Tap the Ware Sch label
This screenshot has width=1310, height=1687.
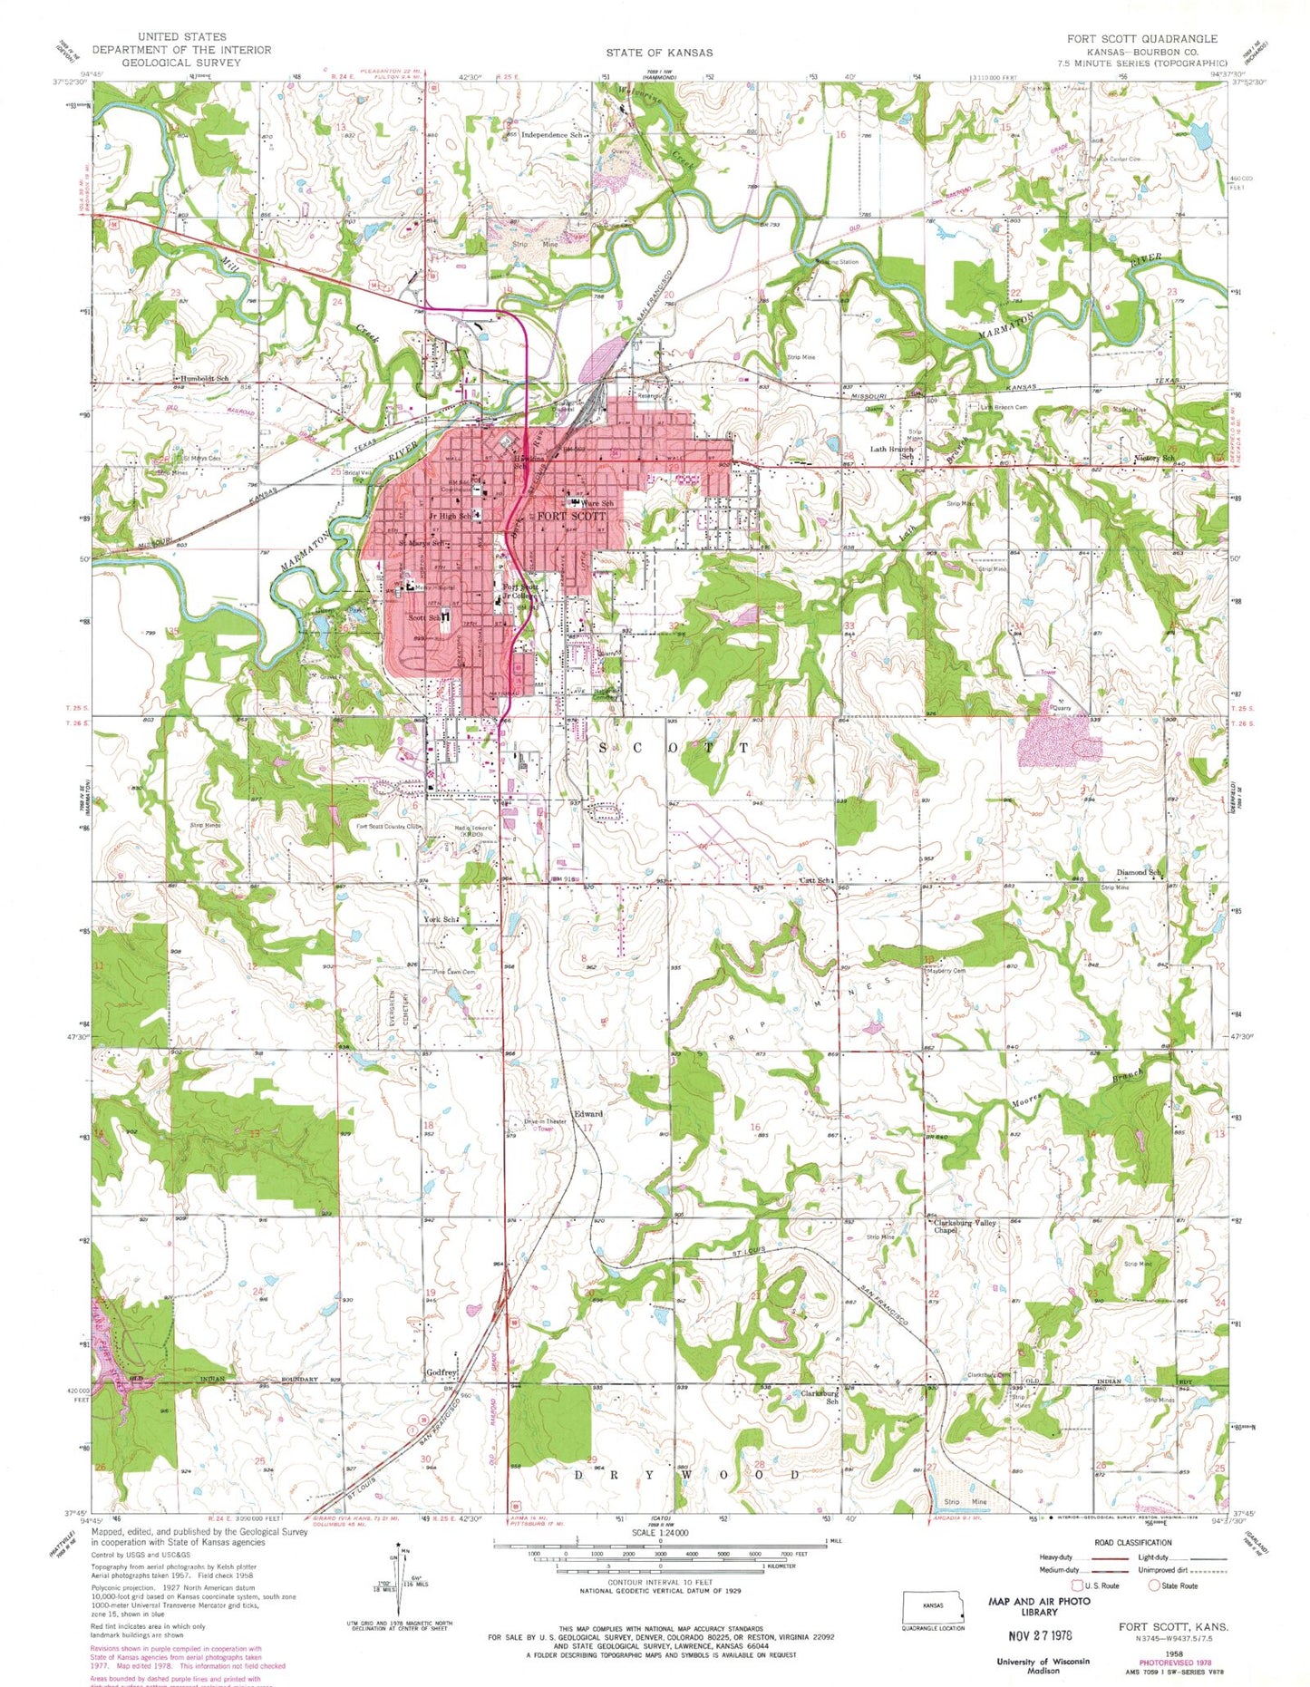coord(597,503)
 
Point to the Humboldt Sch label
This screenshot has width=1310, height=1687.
coord(204,378)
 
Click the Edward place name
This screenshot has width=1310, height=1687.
coord(587,1114)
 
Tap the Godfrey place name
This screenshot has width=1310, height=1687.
coord(442,1372)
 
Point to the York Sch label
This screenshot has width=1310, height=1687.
coord(440,919)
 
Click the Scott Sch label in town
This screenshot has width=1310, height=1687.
coord(424,617)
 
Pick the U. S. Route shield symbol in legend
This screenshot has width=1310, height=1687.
coord(1078,1585)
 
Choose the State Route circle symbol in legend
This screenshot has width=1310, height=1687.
coord(1154,1585)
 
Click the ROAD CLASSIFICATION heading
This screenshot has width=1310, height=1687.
coord(1133,1542)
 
